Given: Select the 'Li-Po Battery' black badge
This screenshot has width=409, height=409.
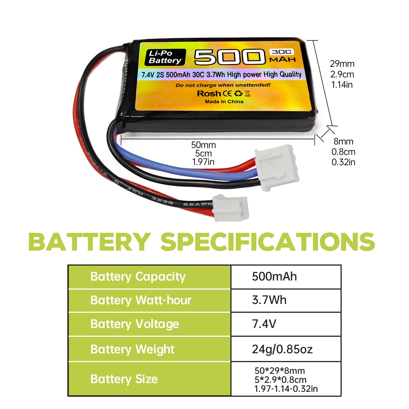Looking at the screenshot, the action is (x=165, y=57).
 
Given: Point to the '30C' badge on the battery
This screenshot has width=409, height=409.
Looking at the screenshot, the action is (x=282, y=52).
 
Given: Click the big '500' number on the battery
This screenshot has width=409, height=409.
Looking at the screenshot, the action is (x=230, y=57).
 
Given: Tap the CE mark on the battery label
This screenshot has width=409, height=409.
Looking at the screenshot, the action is (x=227, y=94).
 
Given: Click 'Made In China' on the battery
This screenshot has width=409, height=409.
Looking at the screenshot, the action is (x=224, y=101).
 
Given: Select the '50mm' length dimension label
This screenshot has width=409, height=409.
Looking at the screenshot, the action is (x=203, y=145).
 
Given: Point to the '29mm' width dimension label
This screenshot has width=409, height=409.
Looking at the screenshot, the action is (x=342, y=64).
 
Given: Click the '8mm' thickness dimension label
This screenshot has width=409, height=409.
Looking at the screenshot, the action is (x=343, y=141).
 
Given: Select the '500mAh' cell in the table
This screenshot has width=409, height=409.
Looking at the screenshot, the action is (x=274, y=276).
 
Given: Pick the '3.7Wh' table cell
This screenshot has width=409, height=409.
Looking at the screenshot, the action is (x=269, y=300).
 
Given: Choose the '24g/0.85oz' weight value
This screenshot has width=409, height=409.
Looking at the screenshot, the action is (x=282, y=349).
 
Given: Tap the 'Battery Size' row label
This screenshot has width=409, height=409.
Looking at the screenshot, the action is (x=124, y=379).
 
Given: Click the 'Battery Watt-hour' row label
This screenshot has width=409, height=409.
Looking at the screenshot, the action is (x=141, y=300).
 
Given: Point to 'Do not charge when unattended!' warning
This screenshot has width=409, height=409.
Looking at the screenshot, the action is (x=223, y=85).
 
